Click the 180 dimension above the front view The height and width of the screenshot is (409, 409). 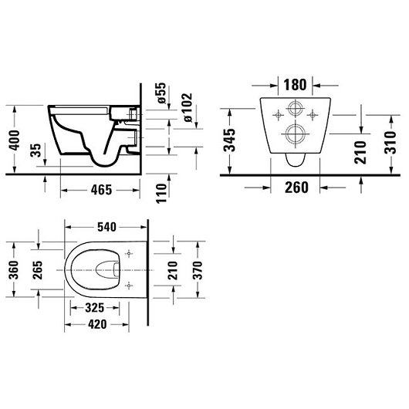tap(293, 83)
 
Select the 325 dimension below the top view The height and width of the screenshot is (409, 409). tap(94, 308)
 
